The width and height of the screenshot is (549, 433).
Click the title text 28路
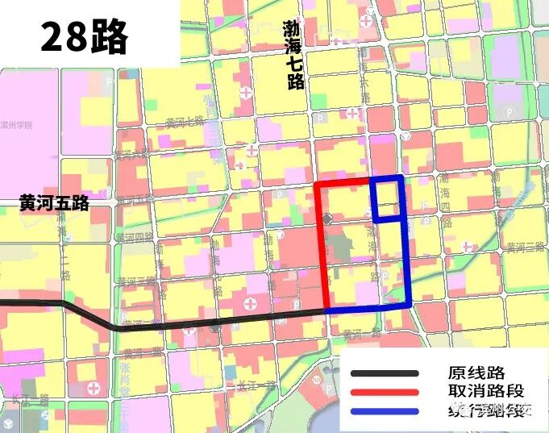click(84, 37)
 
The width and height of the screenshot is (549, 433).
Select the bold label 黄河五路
click(54, 204)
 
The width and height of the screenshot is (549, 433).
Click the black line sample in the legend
click(385, 373)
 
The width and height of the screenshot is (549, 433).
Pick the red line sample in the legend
click(385, 392)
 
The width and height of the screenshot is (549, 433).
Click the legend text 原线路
click(476, 373)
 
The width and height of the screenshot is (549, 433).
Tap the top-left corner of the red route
click(318, 185)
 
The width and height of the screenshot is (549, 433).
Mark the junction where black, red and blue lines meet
click(327, 310)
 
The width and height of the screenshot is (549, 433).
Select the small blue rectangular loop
click(388, 198)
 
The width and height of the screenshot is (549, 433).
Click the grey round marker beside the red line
click(326, 219)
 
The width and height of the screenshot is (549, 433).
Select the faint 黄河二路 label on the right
click(525, 248)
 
